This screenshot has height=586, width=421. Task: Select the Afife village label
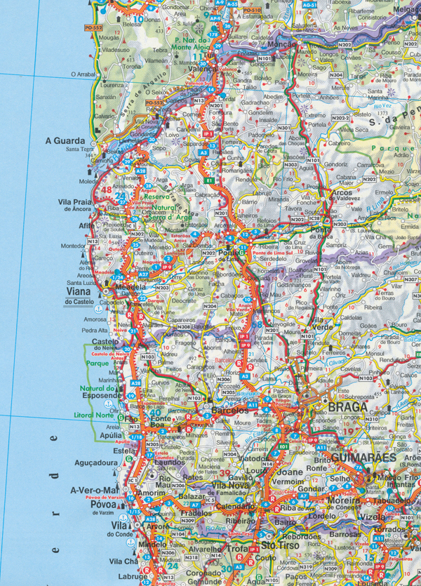coord(87,225)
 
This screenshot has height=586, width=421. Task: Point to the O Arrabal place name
coord(83,74)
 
